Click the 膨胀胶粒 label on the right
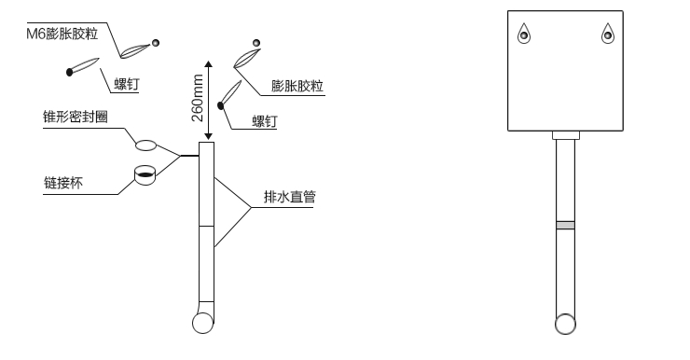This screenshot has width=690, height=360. point(297,85)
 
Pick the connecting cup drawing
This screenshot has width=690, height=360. point(145,176)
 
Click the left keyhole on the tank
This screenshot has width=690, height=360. point(524,34)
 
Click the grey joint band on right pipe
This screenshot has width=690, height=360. point(565,225)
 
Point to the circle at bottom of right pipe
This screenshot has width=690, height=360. point(565,324)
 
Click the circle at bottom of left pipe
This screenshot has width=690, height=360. point(203,323)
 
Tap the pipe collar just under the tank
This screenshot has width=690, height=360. point(565,135)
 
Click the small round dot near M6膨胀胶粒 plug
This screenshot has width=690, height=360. point(156,42)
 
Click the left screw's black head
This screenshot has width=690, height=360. point(70,72)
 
